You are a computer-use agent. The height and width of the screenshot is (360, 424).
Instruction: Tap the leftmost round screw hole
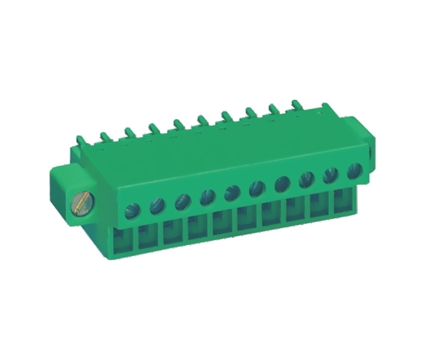click(x=131, y=211)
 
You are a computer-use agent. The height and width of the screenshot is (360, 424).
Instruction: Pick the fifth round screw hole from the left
click(x=232, y=193)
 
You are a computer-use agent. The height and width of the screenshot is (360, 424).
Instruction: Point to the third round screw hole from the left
click(x=182, y=201)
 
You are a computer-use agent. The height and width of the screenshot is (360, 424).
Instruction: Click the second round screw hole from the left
click(x=157, y=206)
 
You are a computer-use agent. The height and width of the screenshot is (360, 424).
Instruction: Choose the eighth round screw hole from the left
click(x=306, y=180)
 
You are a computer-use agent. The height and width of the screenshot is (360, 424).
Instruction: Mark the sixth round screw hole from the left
click(x=257, y=188)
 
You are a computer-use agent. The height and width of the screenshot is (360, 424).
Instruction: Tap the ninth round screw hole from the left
click(x=331, y=175)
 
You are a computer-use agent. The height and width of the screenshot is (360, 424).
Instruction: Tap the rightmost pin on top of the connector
click(x=294, y=104)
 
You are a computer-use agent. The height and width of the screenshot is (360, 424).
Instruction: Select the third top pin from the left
click(x=128, y=131)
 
